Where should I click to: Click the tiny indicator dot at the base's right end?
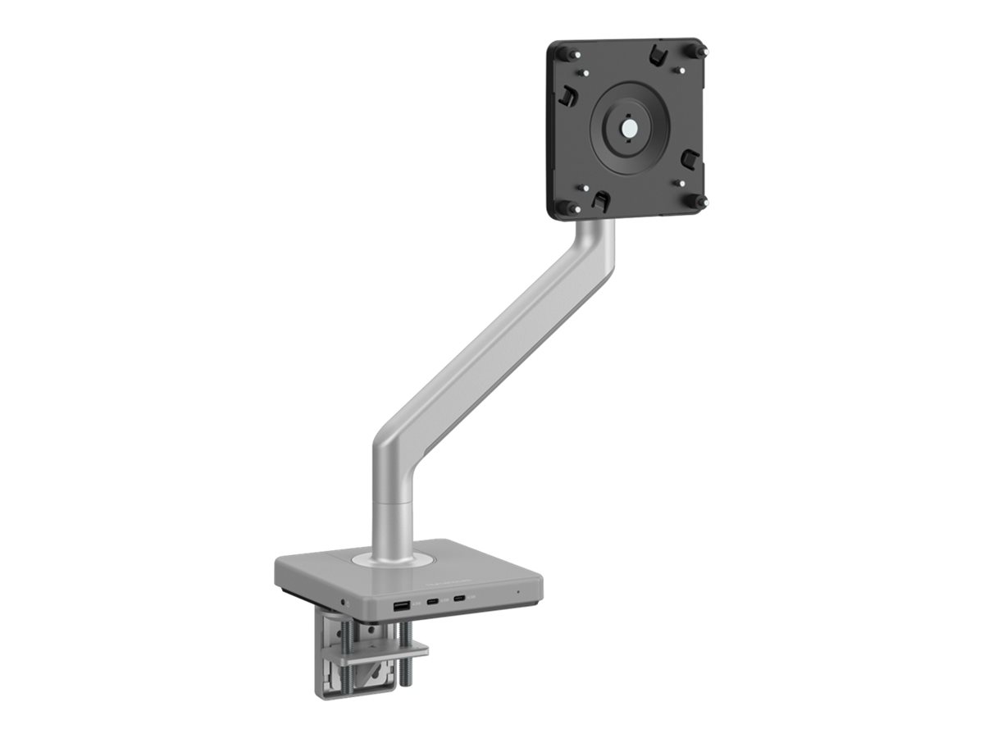tap(517, 591)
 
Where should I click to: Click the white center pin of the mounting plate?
tap(629, 129)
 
